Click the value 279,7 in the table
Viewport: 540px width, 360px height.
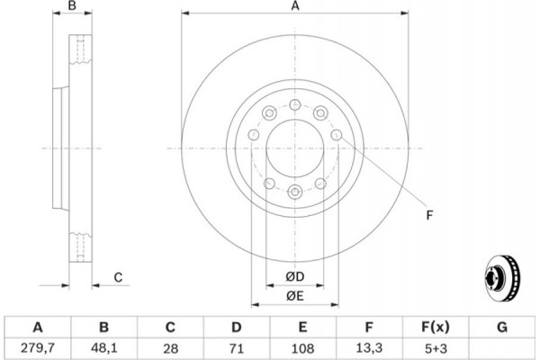coord(38,348)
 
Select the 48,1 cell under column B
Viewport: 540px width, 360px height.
coord(104,348)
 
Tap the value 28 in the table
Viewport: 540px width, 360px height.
coord(170,348)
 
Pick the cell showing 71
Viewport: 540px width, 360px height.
coord(236,348)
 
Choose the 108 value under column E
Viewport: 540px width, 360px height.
coord(302,348)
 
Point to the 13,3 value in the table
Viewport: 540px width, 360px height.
coord(369,348)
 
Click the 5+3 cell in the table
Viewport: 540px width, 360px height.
coord(436,348)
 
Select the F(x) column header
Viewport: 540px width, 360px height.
coord(436,327)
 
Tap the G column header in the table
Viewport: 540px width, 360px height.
coord(502,327)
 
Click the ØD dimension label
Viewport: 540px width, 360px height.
coord(295,276)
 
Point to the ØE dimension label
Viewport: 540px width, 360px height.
coord(295,295)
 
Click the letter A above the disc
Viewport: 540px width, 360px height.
coord(295,6)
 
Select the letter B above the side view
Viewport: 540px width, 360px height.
coord(72,6)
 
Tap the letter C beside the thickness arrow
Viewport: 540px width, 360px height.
coord(118,277)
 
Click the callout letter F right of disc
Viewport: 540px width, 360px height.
coord(429,215)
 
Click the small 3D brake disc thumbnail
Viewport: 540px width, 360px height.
coord(502,279)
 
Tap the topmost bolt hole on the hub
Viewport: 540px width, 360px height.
coord(295,104)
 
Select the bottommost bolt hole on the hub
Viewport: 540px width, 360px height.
coord(295,192)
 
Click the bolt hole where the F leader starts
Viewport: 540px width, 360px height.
coord(337,135)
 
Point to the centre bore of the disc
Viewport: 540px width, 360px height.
coord(295,148)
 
